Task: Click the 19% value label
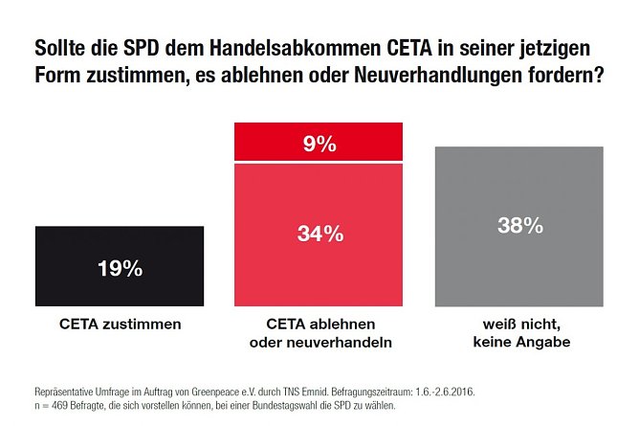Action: tap(119, 268)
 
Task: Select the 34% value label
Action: tap(319, 234)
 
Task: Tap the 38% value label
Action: tap(519, 227)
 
